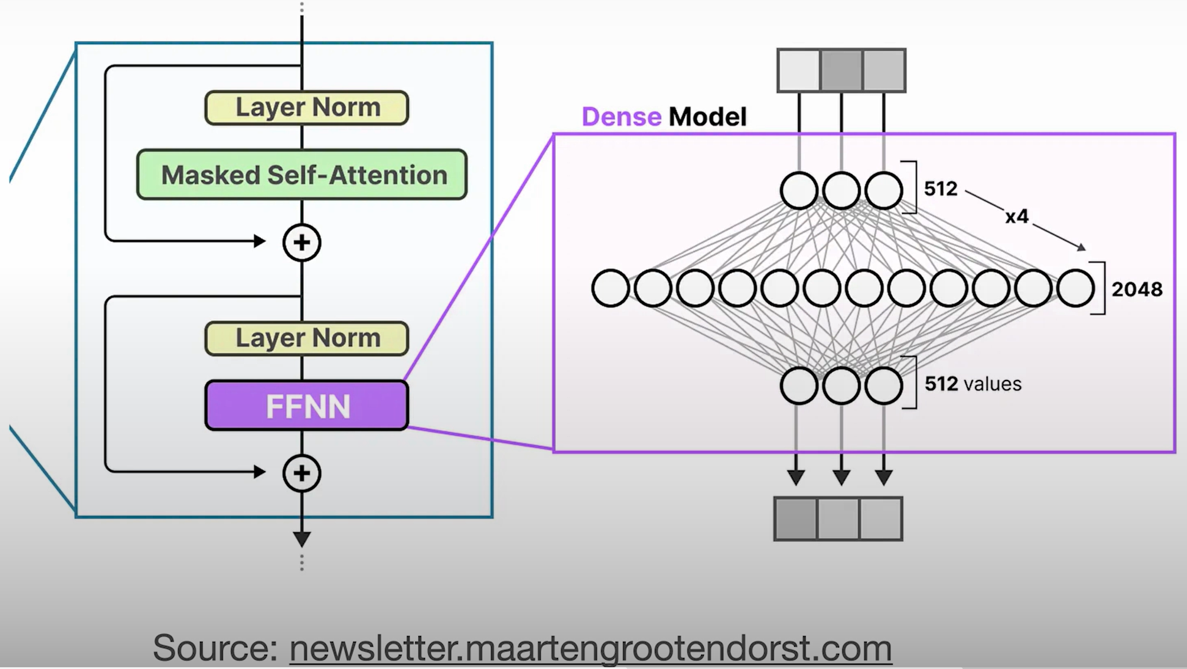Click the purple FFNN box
coord(307,406)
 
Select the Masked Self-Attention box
coord(302,175)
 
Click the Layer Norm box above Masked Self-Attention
coord(307,108)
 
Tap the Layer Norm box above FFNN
coord(307,338)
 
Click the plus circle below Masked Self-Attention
coord(301,243)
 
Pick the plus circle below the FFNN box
coord(301,473)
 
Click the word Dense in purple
coord(621,117)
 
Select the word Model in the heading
coord(707,117)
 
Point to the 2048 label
coord(1136,289)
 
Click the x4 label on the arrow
coord(1016,216)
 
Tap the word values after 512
coord(992,384)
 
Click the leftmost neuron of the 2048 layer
coord(610,288)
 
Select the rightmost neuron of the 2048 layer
coord(1075,288)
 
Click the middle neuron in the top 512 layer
coord(841,191)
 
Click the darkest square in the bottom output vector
coord(796,519)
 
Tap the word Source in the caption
coord(215,648)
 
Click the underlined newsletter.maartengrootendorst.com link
coord(590,648)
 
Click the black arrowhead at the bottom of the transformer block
coord(301,539)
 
